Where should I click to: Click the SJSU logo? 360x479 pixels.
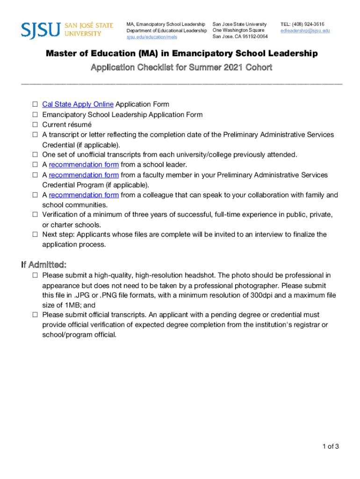[x=67, y=29]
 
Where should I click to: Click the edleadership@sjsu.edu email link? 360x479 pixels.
[x=305, y=30]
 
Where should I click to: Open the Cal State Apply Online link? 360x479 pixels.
[x=78, y=104]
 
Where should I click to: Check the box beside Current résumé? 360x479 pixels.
[x=35, y=125]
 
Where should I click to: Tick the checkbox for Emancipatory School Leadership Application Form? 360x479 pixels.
[x=35, y=115]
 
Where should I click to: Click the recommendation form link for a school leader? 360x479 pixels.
[x=84, y=165]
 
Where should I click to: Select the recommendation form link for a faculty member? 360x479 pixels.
[x=84, y=175]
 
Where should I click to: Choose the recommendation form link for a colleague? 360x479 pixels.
[x=84, y=195]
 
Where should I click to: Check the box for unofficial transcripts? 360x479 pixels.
[x=35, y=155]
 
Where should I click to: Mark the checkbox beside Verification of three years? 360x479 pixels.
[x=35, y=215]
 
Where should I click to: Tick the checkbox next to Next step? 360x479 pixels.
[x=35, y=234]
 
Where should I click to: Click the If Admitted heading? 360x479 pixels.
[x=43, y=264]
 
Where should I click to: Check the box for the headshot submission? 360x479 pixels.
[x=35, y=276]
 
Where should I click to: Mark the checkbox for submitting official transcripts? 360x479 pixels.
[x=35, y=315]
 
